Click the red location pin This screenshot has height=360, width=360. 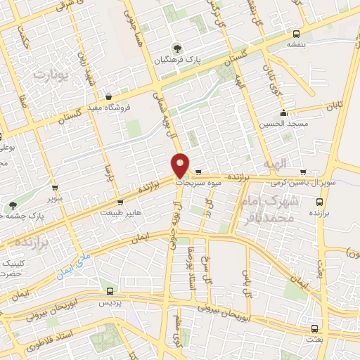click(x=181, y=165)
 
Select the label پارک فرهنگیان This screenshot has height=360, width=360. click(x=198, y=61)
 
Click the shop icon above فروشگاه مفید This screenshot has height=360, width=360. click(x=108, y=97)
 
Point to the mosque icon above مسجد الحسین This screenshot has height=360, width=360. click(x=283, y=113)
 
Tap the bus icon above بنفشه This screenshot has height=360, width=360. click(x=296, y=33)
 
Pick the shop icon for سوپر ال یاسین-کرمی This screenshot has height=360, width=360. click(x=303, y=172)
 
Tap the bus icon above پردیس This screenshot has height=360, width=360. click(x=108, y=290)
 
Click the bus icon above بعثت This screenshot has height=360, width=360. click(x=314, y=328)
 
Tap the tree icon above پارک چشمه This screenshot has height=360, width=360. click(x=12, y=205)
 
